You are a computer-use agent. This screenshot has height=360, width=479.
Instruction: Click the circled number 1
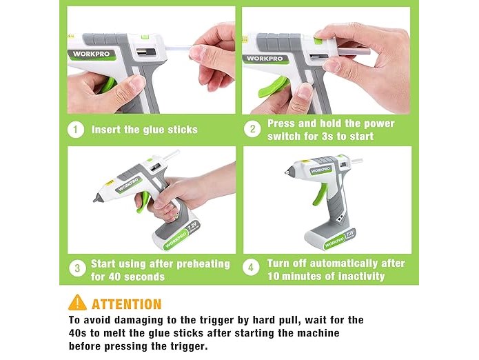tap(75, 130)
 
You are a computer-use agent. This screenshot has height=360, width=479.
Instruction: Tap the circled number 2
tap(252, 129)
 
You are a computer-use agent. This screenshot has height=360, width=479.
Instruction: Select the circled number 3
tap(77, 268)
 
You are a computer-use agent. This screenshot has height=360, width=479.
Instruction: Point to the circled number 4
tap(251, 268)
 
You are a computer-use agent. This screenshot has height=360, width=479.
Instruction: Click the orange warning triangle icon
tap(78, 303)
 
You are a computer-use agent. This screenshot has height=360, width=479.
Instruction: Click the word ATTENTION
tap(127, 304)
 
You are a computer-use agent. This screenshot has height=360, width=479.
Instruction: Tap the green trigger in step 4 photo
tap(320, 193)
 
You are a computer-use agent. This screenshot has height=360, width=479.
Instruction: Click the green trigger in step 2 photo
tap(272, 87)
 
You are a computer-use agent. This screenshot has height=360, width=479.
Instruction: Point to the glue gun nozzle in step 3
tap(98, 197)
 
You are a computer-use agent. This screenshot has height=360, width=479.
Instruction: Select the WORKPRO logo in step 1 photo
tap(92, 54)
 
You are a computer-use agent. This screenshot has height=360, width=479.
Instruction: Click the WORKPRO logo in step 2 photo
tap(265, 59)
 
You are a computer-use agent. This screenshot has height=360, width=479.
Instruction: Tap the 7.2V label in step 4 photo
tap(350, 234)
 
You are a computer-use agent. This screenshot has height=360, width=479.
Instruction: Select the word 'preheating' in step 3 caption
tap(203, 264)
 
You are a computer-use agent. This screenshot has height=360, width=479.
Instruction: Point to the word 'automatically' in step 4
tap(347, 263)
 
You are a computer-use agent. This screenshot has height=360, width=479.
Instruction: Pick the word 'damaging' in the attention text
tap(138, 320)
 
